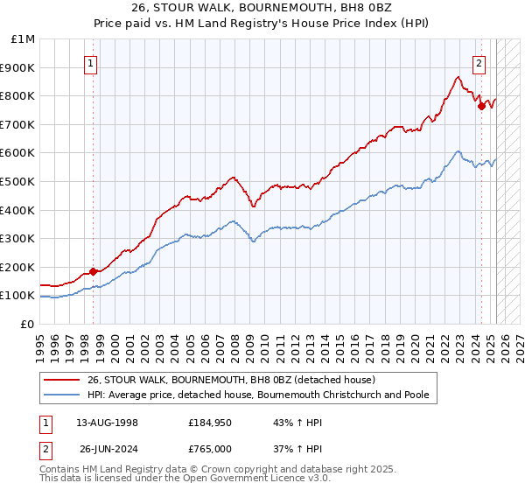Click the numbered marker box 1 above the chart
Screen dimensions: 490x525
point(92,62)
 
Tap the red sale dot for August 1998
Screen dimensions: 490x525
point(94,271)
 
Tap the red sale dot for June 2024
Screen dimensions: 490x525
point(481,106)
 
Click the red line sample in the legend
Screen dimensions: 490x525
point(61,380)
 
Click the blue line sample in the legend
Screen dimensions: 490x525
point(61,395)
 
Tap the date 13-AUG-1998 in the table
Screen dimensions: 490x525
point(107,423)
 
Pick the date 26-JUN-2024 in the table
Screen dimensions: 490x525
point(107,449)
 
